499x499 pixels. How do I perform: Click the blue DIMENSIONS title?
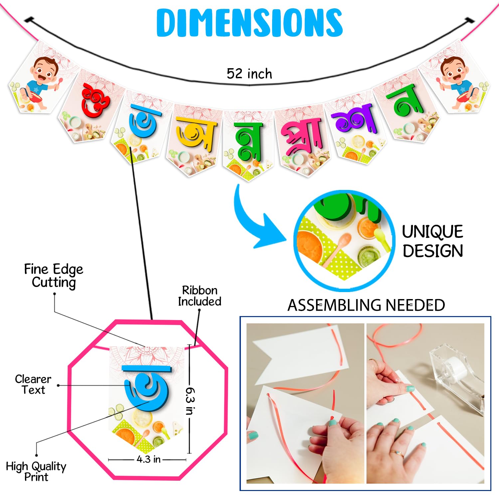[249, 22]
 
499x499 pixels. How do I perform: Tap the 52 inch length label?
[249, 74]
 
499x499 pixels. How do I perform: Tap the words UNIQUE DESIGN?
[432, 241]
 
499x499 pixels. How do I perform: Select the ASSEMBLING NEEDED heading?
[366, 305]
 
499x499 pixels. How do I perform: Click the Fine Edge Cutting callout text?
[54, 275]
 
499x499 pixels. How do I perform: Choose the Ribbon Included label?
[200, 296]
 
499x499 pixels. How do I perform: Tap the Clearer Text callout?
[33, 384]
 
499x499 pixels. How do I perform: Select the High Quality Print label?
[36, 471]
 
